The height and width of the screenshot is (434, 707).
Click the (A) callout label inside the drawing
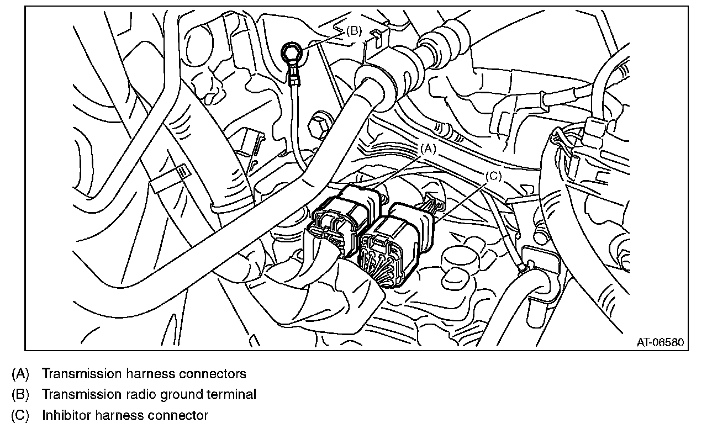429,149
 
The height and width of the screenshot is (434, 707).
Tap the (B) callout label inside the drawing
354,31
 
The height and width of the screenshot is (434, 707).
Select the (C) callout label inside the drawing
493,176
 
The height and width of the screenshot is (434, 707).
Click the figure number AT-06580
660,343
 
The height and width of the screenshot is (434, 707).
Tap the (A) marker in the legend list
20,374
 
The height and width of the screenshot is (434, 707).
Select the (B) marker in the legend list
20,395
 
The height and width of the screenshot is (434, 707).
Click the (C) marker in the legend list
20,416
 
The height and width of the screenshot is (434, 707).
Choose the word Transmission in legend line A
78,374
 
